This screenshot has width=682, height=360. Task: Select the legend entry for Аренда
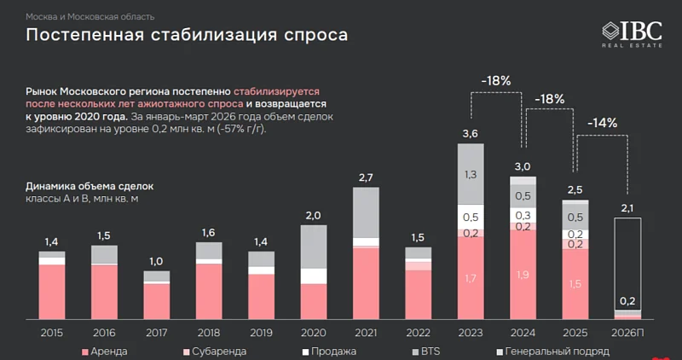pos(105,351)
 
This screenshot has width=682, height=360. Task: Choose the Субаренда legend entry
pos(214,351)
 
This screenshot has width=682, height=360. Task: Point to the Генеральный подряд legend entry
pos(546,351)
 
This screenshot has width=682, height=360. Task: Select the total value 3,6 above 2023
pos(471,133)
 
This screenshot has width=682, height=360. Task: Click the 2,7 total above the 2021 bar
pos(366,177)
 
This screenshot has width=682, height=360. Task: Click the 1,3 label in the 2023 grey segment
pos(471,174)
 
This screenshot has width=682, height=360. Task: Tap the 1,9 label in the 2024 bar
pos(523,275)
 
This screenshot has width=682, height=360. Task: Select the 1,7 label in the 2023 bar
pos(471,278)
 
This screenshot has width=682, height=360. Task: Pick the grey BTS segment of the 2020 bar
pos(314,247)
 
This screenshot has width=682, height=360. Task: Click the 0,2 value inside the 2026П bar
pos(627,300)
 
